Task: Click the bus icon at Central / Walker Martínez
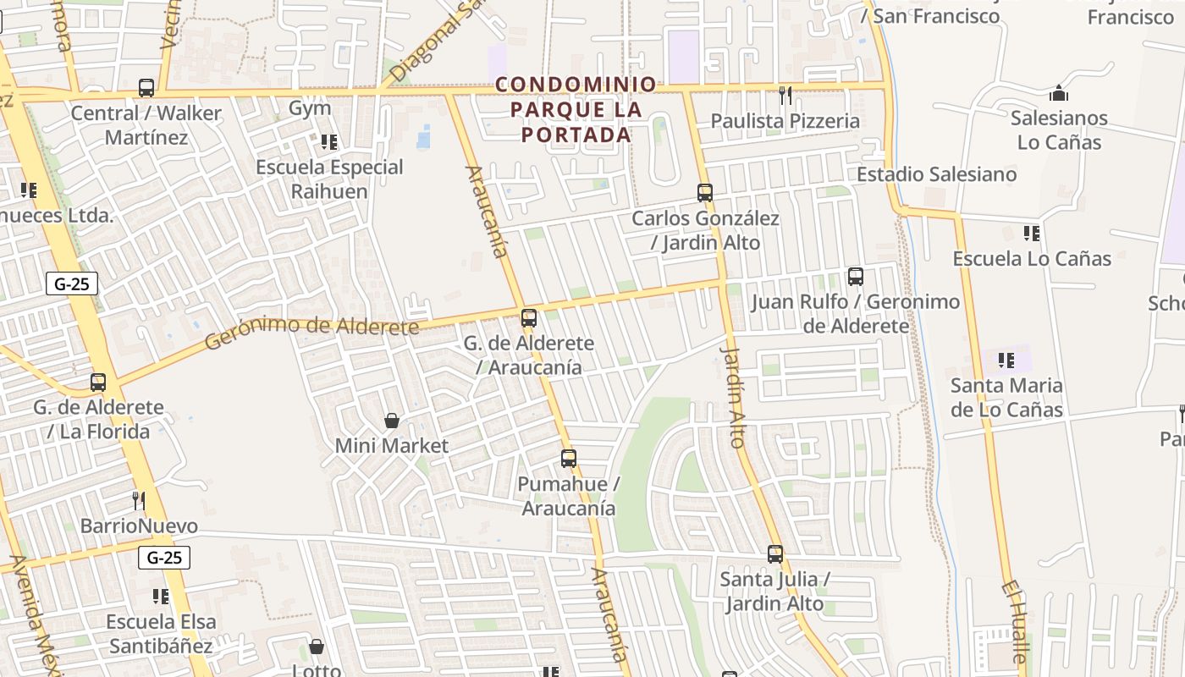pyautogui.click(x=146, y=88)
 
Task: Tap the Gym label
pyautogui.click(x=309, y=108)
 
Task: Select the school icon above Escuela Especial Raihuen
pyautogui.click(x=329, y=142)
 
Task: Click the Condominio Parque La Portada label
pyautogui.click(x=576, y=109)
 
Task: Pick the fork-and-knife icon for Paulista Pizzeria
pyautogui.click(x=785, y=96)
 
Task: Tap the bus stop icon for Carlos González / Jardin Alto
pyautogui.click(x=705, y=193)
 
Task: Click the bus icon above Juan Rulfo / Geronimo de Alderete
pyautogui.click(x=856, y=277)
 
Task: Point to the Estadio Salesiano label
pyautogui.click(x=937, y=174)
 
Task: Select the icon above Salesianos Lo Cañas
pyautogui.click(x=1059, y=93)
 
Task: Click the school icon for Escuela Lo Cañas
pyautogui.click(x=1032, y=234)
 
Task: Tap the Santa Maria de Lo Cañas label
pyautogui.click(x=1006, y=398)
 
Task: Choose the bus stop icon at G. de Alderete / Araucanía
pyautogui.click(x=529, y=318)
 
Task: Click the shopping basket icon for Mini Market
pyautogui.click(x=392, y=421)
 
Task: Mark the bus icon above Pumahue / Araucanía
pyautogui.click(x=569, y=460)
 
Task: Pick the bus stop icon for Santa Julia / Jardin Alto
pyautogui.click(x=775, y=554)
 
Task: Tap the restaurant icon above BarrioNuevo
pyautogui.click(x=139, y=501)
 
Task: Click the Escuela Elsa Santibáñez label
pyautogui.click(x=161, y=634)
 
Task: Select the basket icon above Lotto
pyautogui.click(x=317, y=647)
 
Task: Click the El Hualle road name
pyautogui.click(x=1017, y=621)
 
